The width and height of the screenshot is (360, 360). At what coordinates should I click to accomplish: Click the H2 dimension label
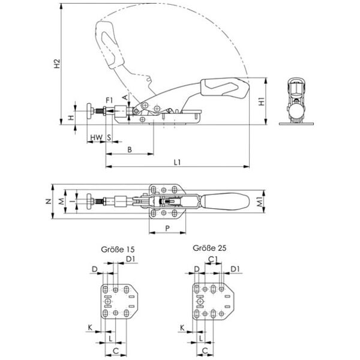click(57, 64)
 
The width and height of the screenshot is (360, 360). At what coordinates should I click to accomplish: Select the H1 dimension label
click(262, 101)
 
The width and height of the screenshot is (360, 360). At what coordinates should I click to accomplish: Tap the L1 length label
click(177, 163)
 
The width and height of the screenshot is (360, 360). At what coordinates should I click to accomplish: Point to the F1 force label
click(110, 100)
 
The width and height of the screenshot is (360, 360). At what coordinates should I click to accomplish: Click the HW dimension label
click(96, 137)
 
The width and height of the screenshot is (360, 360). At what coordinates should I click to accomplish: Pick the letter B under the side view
click(130, 149)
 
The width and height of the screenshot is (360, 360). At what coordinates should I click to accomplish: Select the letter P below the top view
click(167, 228)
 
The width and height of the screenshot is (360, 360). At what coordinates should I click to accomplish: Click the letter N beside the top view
click(49, 202)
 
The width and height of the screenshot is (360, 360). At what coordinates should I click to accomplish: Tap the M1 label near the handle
click(260, 202)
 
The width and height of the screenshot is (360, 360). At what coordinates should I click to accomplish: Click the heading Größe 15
click(118, 250)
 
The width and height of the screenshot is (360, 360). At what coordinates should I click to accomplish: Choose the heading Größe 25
click(209, 248)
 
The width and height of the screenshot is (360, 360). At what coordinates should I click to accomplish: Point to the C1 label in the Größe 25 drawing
click(212, 259)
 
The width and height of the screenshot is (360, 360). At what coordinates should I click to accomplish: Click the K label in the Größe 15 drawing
click(90, 328)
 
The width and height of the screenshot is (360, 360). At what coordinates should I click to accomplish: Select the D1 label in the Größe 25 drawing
click(235, 269)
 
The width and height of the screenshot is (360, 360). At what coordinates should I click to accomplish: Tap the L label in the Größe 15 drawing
click(110, 338)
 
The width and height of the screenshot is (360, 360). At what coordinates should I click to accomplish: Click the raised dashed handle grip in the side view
click(110, 45)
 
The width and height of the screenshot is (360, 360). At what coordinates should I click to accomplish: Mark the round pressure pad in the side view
click(89, 111)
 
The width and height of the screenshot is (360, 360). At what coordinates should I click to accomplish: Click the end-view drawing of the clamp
click(296, 101)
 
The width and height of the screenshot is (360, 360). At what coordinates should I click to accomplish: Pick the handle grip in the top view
click(225, 202)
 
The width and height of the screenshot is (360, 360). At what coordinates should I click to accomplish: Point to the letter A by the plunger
click(125, 97)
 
